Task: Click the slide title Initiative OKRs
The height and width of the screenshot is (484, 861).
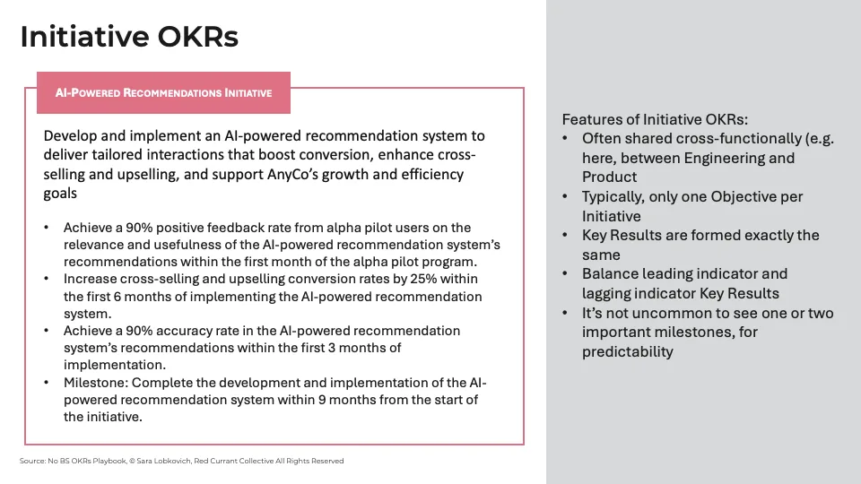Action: pos(128,37)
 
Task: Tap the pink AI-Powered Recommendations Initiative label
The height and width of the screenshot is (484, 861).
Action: pos(163,92)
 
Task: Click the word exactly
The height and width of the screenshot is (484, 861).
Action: pos(752,235)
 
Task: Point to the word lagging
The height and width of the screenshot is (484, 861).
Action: pos(609,293)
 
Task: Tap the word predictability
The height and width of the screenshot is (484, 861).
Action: pos(627,351)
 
